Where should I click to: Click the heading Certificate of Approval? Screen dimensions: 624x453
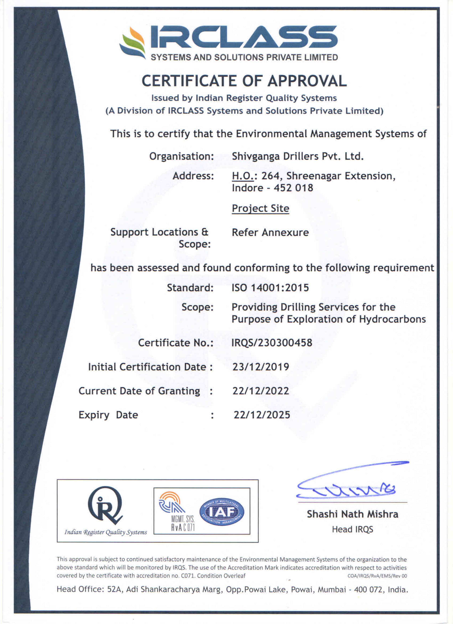coord(244,81)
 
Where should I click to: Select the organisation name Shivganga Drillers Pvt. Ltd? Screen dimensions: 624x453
coord(298,156)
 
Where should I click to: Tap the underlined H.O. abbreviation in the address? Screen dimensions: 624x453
coord(243,176)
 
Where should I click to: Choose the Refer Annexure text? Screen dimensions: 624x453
coord(270,232)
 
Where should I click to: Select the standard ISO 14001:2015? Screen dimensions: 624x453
coord(270,288)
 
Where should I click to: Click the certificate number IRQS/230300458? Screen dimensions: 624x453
coord(272,343)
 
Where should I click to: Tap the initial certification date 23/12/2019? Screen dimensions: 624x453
coord(261,367)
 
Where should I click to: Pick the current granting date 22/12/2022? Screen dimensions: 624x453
coord(261,391)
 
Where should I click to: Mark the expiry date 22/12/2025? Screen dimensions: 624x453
coord(262,415)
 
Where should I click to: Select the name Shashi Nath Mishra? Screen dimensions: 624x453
coord(352,514)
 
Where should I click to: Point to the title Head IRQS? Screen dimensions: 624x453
coord(352,529)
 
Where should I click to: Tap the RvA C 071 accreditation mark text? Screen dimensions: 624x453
coord(183,527)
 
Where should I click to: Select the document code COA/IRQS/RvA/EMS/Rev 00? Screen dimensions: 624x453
coord(377,576)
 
